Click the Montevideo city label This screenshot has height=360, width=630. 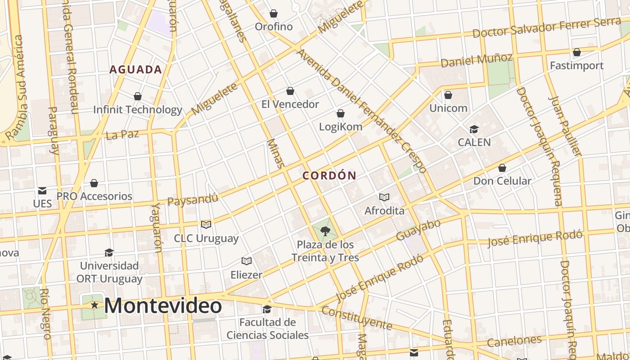163,306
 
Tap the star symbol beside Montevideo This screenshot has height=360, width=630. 94,305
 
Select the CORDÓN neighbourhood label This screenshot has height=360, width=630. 329,175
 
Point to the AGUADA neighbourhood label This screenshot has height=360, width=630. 136,69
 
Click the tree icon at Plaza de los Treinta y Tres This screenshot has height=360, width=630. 325,232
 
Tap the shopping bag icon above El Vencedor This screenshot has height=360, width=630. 290,91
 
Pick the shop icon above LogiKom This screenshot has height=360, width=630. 341,113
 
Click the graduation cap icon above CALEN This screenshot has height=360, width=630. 474,130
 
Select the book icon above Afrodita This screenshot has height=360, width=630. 384,197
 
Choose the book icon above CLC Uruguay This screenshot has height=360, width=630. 206,225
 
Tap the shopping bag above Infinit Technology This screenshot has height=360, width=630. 138,96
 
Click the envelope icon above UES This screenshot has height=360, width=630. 42,191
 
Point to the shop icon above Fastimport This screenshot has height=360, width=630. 576,53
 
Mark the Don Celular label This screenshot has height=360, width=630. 502,181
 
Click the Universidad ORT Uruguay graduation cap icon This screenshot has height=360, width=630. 109,252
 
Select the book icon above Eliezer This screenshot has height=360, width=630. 246,261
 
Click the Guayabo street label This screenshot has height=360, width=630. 418,229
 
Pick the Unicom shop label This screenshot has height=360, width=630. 448,108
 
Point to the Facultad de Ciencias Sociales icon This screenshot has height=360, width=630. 267,309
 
